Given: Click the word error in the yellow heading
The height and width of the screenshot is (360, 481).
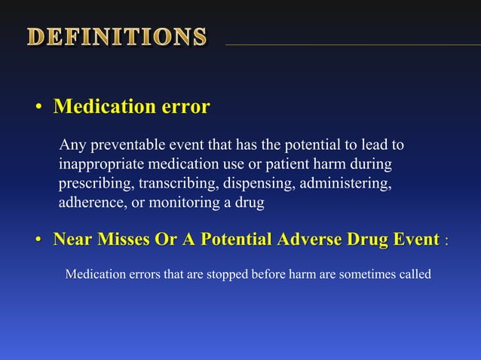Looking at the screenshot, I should pyautogui.click(x=185, y=107).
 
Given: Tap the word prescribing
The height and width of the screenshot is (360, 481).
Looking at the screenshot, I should pyautogui.click(x=95, y=183).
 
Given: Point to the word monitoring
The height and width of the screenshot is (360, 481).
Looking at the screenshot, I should pyautogui.click(x=177, y=203).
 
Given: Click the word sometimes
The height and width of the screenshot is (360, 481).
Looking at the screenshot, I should pyautogui.click(x=370, y=274).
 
